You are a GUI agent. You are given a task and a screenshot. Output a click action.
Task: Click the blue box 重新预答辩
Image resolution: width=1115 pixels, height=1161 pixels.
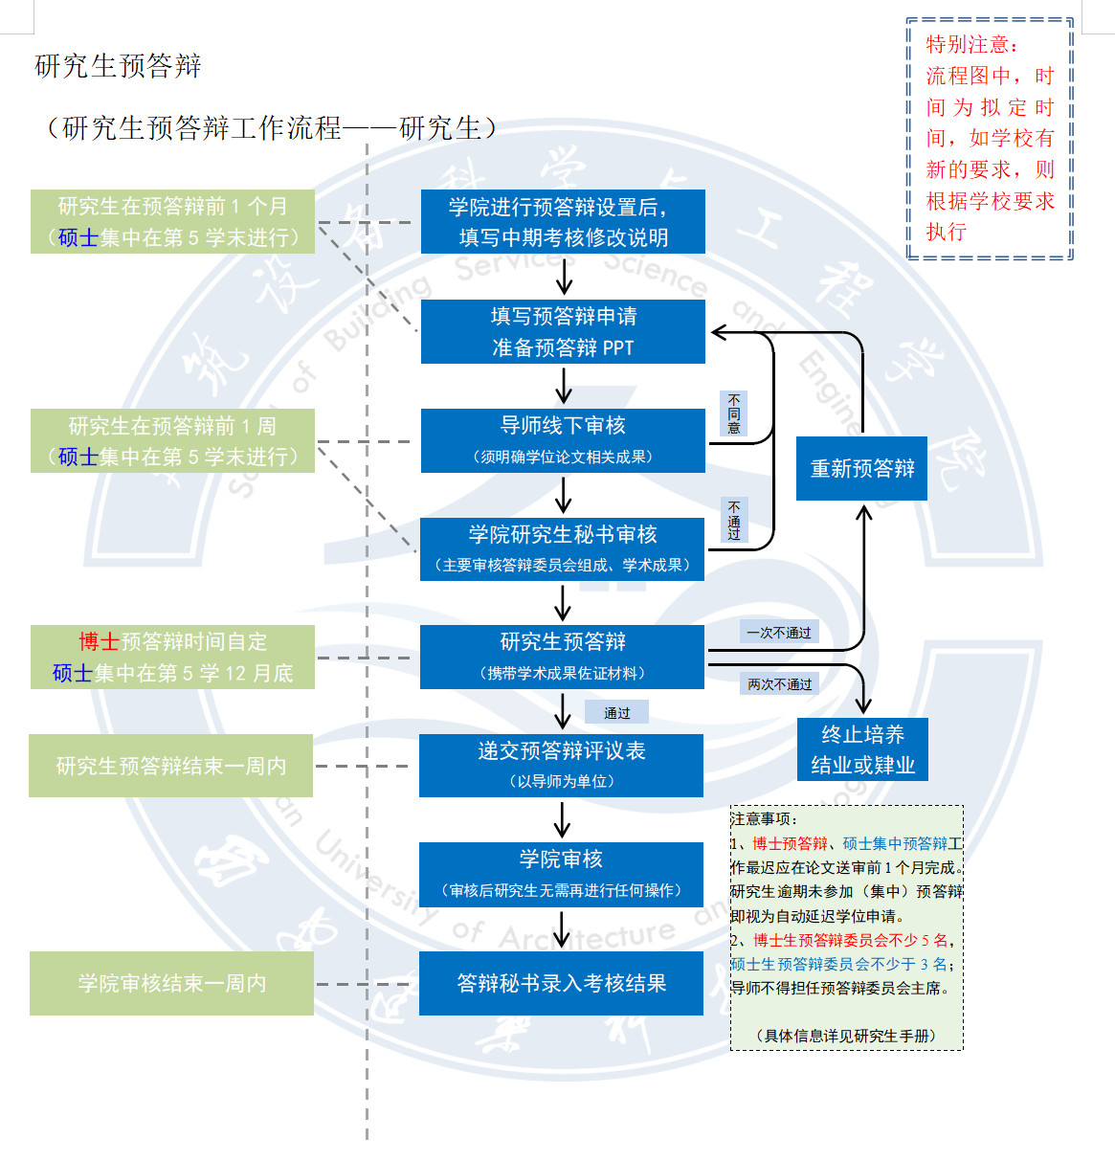(x=861, y=468)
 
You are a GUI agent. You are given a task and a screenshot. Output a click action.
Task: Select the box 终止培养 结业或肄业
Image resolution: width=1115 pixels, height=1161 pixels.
(x=862, y=749)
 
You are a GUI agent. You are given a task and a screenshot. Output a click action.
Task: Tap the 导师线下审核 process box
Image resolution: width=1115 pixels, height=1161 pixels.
(x=563, y=440)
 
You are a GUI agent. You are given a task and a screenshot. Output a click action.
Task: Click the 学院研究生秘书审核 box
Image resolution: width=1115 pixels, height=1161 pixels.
(x=563, y=549)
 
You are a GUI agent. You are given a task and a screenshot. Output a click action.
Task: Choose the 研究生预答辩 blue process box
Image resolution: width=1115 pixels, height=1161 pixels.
(x=563, y=657)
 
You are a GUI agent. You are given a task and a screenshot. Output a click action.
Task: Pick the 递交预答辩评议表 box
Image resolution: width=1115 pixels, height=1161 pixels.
(x=561, y=766)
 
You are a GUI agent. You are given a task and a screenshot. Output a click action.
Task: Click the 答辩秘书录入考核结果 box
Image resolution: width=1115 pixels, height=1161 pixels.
(x=561, y=983)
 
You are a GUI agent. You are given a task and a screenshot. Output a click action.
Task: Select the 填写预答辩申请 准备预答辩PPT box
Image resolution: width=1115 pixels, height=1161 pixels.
(x=563, y=331)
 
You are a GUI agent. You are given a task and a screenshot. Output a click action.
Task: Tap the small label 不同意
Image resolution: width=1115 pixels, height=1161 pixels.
(x=733, y=413)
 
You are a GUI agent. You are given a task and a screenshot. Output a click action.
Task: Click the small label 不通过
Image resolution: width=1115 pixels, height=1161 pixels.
(x=733, y=521)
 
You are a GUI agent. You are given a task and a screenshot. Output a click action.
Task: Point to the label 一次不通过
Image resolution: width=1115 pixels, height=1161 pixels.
(x=778, y=633)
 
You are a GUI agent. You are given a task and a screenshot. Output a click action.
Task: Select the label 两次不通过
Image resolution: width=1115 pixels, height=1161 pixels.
(x=779, y=684)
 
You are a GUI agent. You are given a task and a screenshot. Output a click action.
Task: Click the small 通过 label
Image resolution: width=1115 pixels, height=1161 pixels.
(x=617, y=713)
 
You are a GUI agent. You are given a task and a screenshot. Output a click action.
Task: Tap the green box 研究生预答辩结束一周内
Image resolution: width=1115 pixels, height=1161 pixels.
(x=171, y=766)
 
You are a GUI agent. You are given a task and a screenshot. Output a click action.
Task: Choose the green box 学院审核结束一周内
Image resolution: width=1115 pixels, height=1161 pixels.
(x=171, y=983)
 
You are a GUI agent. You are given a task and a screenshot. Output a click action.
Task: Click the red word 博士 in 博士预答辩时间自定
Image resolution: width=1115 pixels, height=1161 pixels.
(x=99, y=642)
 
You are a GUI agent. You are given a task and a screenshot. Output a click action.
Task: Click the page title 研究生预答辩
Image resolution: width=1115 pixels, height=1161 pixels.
(x=118, y=66)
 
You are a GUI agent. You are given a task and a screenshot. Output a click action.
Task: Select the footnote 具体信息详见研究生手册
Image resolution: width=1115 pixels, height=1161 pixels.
(x=846, y=1036)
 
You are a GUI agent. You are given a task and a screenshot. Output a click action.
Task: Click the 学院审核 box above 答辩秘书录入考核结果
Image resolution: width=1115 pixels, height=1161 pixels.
(x=561, y=874)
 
